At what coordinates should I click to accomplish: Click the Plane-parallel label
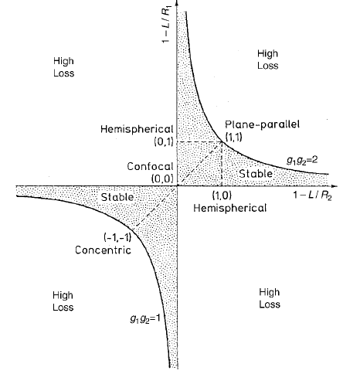click(262, 124)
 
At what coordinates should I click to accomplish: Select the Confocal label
click(150, 167)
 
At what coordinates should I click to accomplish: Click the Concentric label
click(103, 250)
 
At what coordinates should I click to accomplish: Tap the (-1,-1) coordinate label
click(117, 237)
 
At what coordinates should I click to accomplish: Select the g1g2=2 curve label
click(303, 161)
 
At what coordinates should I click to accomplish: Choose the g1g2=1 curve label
click(145, 319)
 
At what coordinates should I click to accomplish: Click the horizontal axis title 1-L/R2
click(312, 195)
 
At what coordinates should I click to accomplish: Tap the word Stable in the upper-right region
click(256, 174)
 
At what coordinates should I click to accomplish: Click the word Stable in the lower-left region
click(117, 197)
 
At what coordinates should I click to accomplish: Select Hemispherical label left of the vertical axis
click(137, 129)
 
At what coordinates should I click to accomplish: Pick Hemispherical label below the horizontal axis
click(229, 208)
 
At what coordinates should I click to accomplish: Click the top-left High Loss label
click(64, 67)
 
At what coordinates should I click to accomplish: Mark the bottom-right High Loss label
click(270, 298)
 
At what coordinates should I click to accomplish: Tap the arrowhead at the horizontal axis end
click(335, 185)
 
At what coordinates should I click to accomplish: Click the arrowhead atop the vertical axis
click(177, 2)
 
